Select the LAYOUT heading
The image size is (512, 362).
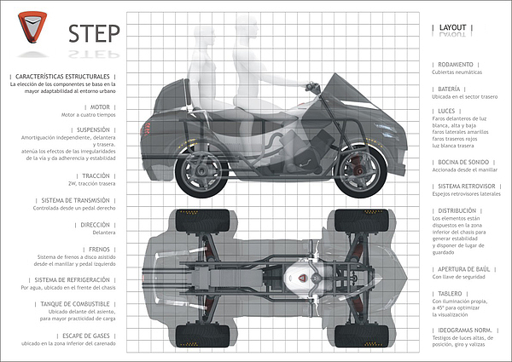click(452, 27)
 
